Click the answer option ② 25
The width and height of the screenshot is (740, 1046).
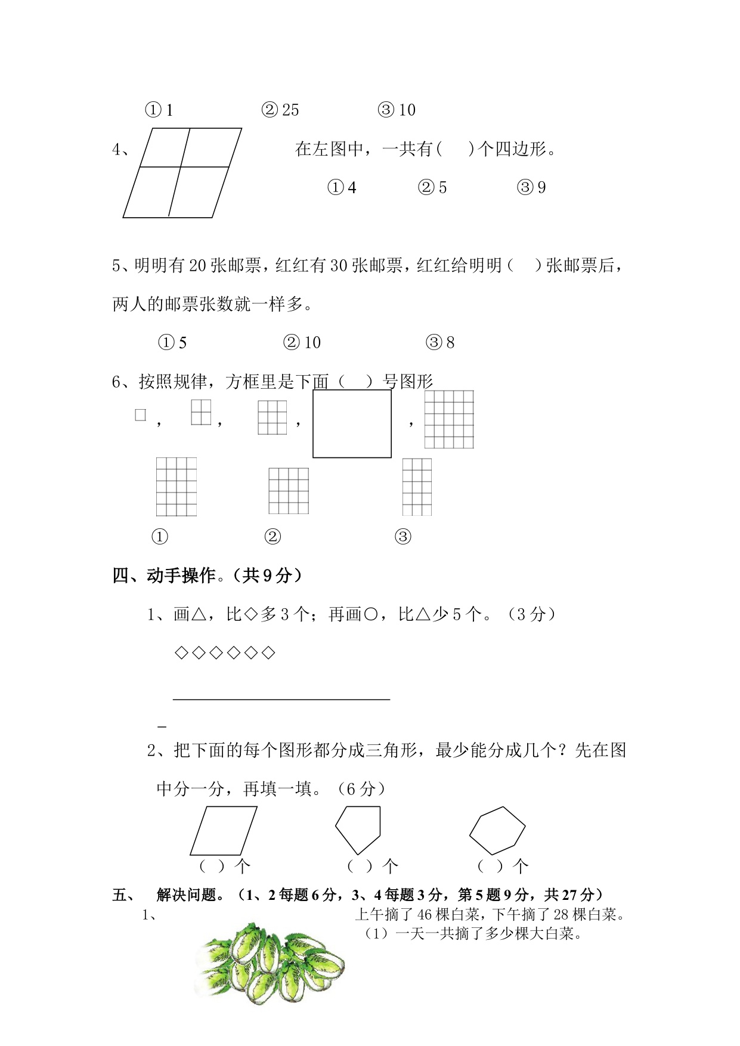[x=280, y=110]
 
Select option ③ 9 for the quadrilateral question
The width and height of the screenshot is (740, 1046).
[x=531, y=188]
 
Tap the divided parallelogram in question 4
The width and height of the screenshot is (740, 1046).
[x=182, y=173]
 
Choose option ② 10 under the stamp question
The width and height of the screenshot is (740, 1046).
[x=302, y=343]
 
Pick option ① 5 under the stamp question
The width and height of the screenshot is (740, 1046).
[x=172, y=343]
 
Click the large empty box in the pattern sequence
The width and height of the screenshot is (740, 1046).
[x=352, y=424]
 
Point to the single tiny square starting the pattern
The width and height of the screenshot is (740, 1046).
[x=141, y=415]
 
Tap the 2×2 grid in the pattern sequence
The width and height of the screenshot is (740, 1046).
[x=201, y=412]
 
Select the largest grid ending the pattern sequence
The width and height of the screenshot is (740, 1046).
[x=449, y=419]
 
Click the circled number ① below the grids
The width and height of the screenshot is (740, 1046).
[x=160, y=537]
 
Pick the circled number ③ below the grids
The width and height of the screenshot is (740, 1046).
[x=403, y=537]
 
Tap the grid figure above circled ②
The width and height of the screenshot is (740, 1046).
[x=289, y=491]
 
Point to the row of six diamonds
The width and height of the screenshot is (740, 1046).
[x=224, y=653]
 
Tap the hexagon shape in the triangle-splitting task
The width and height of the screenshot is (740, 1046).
[x=497, y=830]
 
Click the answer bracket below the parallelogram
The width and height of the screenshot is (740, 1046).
[x=212, y=866]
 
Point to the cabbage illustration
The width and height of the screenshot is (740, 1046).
[x=271, y=964]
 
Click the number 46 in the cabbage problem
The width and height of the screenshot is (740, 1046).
[x=425, y=914]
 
